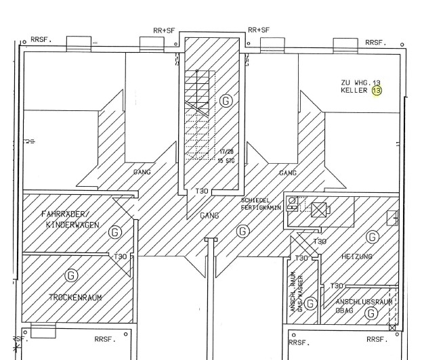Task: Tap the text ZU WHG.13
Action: tap(360, 82)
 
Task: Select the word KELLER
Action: tap(354, 90)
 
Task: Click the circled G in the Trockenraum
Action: tap(70, 275)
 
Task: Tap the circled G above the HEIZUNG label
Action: tap(371, 237)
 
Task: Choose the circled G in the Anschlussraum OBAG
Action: tap(371, 313)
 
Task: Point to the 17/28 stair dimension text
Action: tap(226, 152)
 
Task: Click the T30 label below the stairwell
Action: tap(202, 191)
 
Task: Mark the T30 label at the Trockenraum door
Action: tap(121, 256)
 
